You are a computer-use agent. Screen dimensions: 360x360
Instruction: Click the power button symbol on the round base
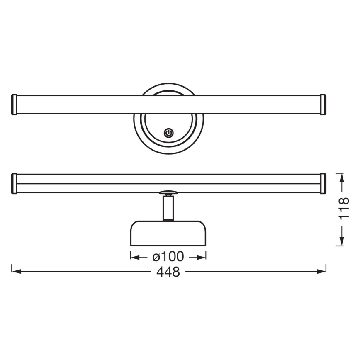168,133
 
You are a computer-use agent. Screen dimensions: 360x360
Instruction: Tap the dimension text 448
168,272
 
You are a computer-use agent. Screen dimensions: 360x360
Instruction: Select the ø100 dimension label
168,257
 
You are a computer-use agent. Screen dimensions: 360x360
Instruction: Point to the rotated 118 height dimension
343,209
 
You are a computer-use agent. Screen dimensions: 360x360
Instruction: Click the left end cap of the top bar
13,105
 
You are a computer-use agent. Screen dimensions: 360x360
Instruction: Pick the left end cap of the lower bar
13,183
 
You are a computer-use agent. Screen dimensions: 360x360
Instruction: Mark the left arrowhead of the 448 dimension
16,272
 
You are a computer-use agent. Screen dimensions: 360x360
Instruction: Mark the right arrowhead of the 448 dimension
322,272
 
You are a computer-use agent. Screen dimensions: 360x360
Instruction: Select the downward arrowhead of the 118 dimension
341,241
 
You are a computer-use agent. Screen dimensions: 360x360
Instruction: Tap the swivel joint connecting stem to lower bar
168,193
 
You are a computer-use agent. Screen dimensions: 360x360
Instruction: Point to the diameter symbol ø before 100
156,258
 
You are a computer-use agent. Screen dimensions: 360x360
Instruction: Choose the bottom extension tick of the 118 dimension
341,246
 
